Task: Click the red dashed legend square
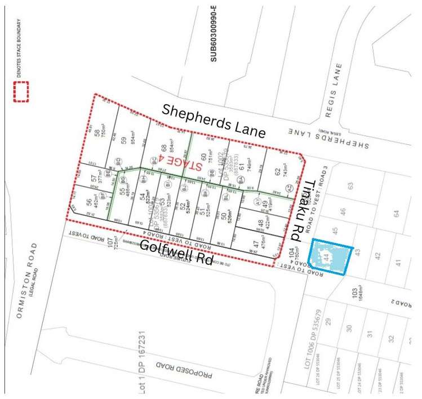coord(21,92)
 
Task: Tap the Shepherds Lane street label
coord(213,121)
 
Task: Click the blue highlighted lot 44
coord(331,256)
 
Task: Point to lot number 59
coord(123,135)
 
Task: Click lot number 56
coord(89,201)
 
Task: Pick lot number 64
coord(396,214)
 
